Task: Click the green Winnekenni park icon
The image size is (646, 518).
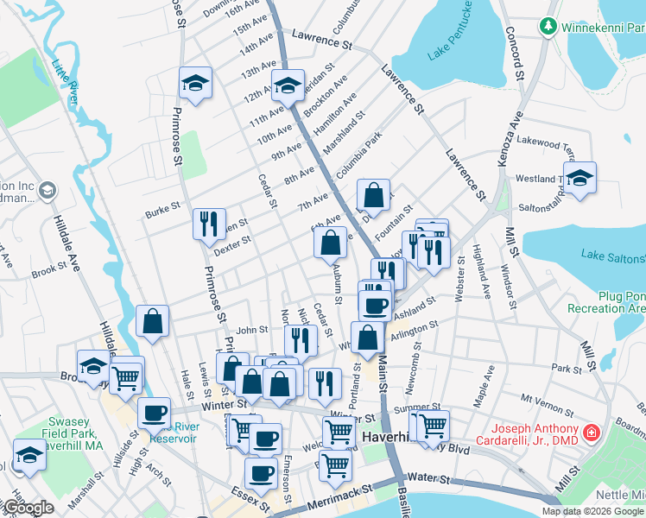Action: pyautogui.click(x=548, y=27)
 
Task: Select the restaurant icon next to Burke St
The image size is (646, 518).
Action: pyautogui.click(x=208, y=224)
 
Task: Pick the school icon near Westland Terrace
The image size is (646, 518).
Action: pyautogui.click(x=580, y=178)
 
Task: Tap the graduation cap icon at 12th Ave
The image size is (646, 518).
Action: pyautogui.click(x=288, y=85)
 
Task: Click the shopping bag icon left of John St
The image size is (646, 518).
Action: pyautogui.click(x=152, y=321)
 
